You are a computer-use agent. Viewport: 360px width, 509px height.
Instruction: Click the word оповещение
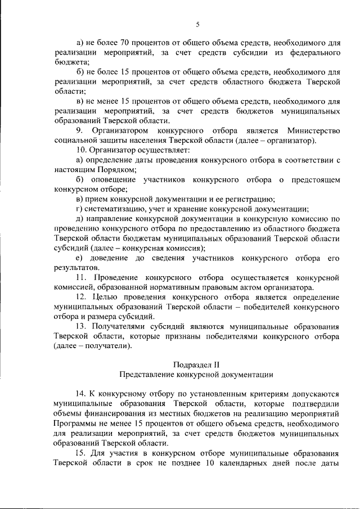112,179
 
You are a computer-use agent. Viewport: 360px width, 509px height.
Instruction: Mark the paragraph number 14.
81,394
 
